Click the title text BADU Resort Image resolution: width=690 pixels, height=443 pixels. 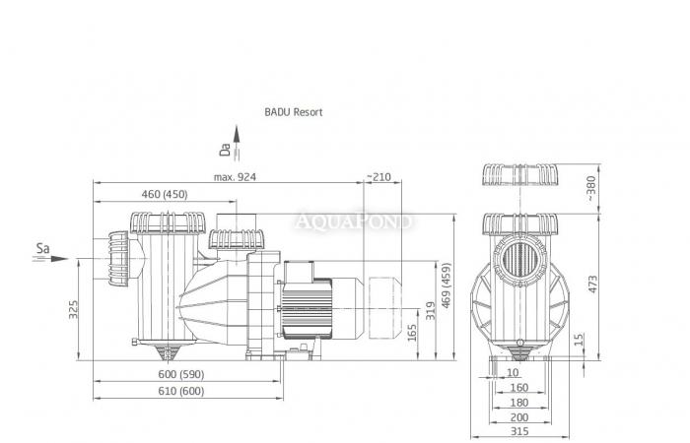[x=293, y=112]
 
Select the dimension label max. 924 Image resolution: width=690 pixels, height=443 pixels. [x=234, y=177]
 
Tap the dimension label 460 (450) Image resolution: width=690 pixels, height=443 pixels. [x=164, y=194]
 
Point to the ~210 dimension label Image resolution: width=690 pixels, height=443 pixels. [x=379, y=177]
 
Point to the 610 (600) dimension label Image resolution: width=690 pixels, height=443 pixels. [x=183, y=391]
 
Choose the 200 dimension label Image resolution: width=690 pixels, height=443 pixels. [x=519, y=416]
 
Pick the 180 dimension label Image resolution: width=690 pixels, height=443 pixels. [x=519, y=402]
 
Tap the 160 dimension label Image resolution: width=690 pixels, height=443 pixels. [x=519, y=387]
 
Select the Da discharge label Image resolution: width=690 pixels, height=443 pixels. [x=225, y=150]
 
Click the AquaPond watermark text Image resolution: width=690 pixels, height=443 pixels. [x=356, y=222]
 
